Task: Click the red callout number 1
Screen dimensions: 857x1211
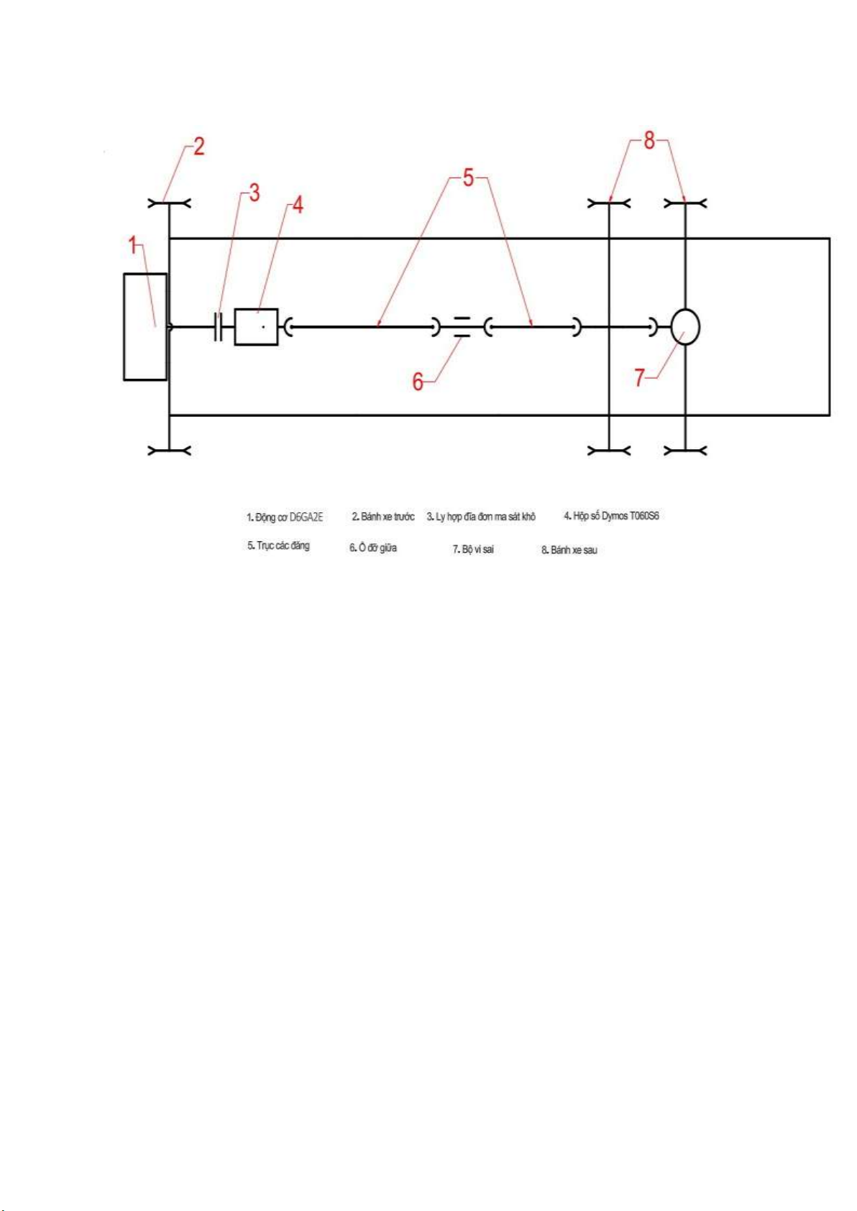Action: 132,245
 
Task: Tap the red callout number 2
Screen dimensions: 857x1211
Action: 199,147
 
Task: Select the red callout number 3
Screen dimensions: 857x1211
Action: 254,193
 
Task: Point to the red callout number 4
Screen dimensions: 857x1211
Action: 298,205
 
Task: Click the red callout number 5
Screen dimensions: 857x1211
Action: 468,178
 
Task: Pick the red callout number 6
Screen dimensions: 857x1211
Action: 418,382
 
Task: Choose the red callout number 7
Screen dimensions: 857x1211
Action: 640,377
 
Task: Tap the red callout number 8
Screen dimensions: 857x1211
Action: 649,141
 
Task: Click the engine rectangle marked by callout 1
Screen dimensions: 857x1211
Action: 145,326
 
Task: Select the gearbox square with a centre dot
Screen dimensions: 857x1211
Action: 256,326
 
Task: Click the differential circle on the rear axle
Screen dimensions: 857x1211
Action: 685,326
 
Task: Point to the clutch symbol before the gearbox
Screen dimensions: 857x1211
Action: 219,326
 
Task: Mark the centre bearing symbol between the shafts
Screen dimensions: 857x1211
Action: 461,326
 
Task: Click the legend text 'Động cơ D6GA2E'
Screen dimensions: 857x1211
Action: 285,517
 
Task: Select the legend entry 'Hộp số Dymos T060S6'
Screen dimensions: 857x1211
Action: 612,516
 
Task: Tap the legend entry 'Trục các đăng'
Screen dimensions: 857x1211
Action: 278,545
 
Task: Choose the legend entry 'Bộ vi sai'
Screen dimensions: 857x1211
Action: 473,549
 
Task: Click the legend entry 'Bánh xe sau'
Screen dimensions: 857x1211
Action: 569,550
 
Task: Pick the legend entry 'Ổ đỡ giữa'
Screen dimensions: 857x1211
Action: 373,548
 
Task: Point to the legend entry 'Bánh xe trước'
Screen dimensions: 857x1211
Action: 383,516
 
